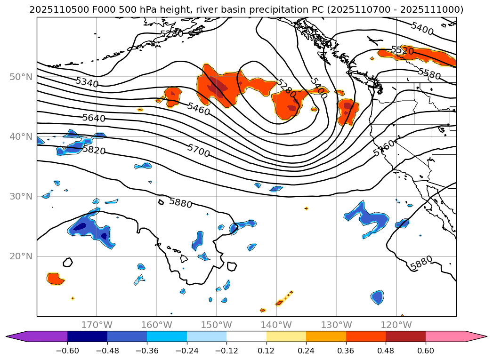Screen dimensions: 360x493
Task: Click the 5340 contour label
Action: [87, 82]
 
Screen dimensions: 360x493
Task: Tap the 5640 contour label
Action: [94, 118]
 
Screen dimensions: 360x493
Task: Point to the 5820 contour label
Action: [94, 150]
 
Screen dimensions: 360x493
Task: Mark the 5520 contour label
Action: [402, 51]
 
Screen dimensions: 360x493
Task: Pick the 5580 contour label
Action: [429, 73]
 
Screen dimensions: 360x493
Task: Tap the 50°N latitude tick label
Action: [21, 77]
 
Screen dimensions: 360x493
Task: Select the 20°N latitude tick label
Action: [21, 256]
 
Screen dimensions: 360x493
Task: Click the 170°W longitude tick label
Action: [97, 325]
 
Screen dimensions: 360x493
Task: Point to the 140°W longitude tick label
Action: [276, 325]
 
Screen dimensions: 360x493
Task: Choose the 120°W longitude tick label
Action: [396, 325]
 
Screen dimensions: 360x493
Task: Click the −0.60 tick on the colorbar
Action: [67, 351]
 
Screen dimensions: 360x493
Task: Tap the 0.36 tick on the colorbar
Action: [346, 351]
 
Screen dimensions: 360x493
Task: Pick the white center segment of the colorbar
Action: [246, 336]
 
